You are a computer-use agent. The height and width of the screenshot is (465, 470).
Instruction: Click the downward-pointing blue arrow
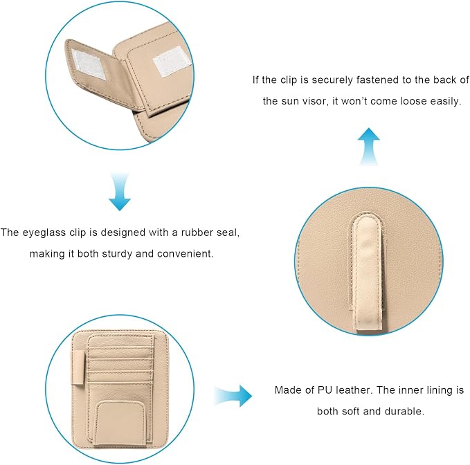pyautogui.click(x=120, y=192)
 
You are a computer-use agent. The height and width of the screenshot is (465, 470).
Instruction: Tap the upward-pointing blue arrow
pyautogui.click(x=369, y=147)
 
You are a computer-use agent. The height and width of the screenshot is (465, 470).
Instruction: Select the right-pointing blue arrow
pyautogui.click(x=233, y=396)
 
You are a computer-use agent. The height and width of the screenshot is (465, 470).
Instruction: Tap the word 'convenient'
pyautogui.click(x=185, y=254)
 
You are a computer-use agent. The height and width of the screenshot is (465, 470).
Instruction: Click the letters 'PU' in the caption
pyautogui.click(x=324, y=390)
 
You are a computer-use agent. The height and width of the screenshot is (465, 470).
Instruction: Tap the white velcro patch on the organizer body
pyautogui.click(x=171, y=62)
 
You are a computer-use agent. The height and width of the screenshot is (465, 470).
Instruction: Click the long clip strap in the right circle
pyautogui.click(x=368, y=273)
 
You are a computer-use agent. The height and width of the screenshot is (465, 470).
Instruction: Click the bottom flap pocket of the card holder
pyautogui.click(x=119, y=424)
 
